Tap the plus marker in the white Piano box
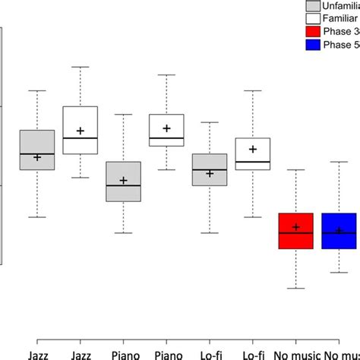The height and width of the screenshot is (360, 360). tap(167, 128)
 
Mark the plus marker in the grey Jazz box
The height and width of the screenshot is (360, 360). tap(36, 157)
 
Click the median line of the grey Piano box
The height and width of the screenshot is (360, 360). tap(123, 185)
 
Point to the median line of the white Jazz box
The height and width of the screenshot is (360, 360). tap(80, 138)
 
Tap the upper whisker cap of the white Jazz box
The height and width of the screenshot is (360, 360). tap(80, 66)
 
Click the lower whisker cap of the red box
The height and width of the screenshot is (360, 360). tap(296, 289)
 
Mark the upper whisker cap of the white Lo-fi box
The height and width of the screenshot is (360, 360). tap(253, 90)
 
